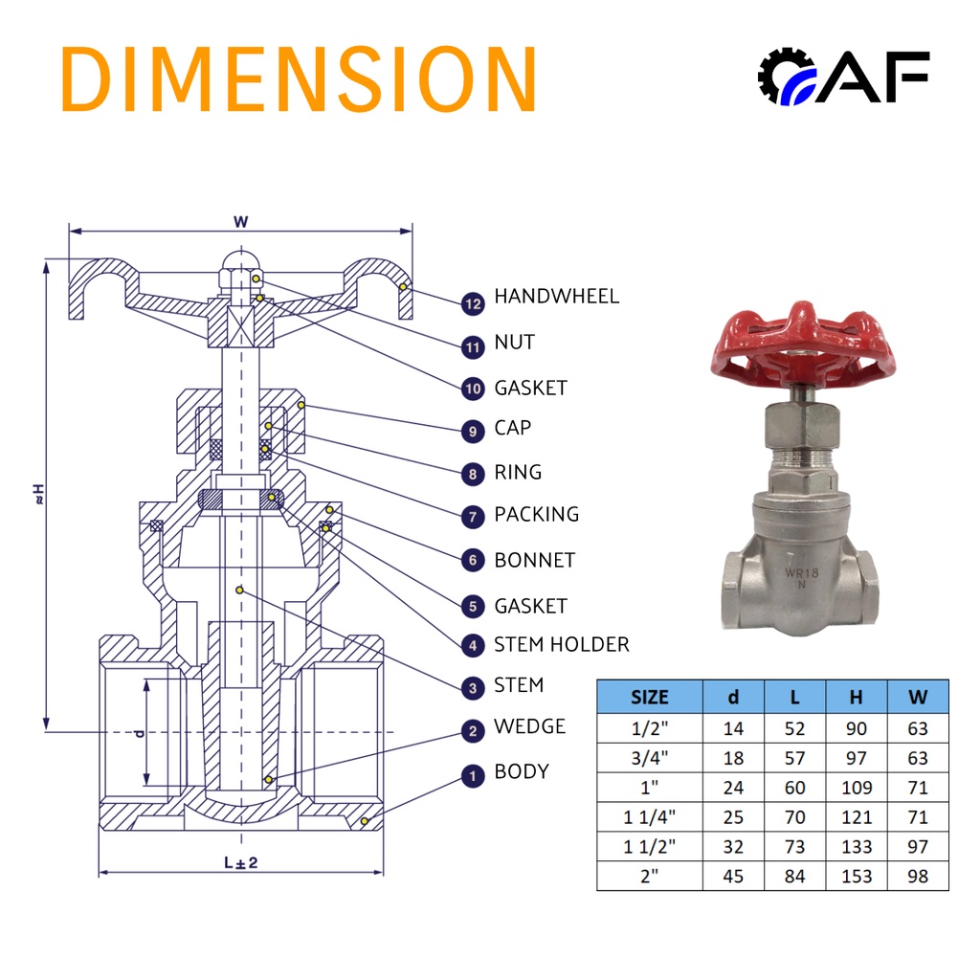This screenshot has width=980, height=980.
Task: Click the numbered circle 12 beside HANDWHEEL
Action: [x=473, y=303]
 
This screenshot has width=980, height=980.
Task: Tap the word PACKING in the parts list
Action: [x=536, y=514]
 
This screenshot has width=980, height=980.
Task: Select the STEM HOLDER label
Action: [x=561, y=644]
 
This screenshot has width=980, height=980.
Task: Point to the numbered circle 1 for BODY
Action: [x=473, y=775]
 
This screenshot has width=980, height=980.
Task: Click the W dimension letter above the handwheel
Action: [x=240, y=222]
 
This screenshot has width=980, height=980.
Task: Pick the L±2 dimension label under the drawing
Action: [x=240, y=862]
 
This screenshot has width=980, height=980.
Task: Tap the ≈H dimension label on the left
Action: [x=38, y=494]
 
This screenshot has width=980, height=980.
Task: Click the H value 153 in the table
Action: [x=857, y=877]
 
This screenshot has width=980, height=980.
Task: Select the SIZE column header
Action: [x=650, y=697]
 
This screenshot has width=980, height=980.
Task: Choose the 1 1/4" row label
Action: [x=650, y=817]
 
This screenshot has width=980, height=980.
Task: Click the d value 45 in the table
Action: [x=733, y=877]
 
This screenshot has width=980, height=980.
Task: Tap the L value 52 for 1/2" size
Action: [x=795, y=728]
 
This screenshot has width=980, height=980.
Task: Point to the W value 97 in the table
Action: [x=918, y=847]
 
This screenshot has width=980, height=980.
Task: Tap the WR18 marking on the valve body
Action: [x=801, y=573]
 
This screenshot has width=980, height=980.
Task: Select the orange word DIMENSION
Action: [x=299, y=78]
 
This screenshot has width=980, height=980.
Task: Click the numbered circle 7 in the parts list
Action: [x=473, y=517]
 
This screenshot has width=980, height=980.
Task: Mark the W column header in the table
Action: [x=918, y=697]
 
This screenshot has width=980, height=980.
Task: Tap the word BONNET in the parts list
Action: [x=534, y=560]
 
